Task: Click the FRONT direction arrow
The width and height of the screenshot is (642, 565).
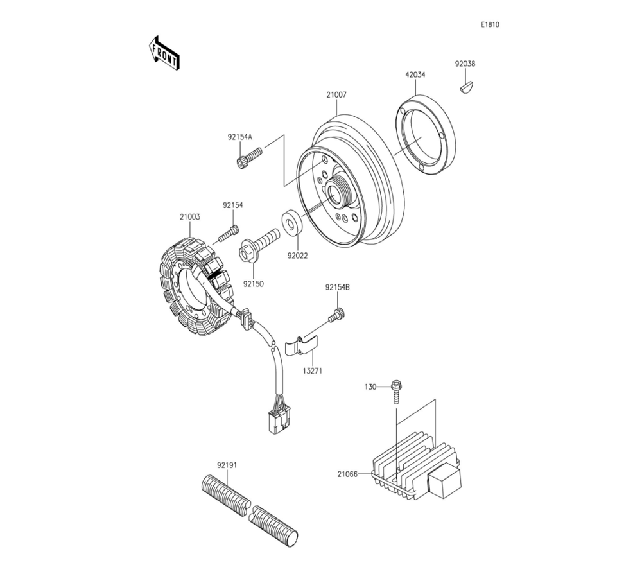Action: point(164,53)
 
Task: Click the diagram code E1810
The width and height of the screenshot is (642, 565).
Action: point(490,25)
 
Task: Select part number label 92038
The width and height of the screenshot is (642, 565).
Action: point(465,64)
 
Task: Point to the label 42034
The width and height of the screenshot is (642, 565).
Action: point(415,74)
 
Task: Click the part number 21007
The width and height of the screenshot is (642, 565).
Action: point(336,94)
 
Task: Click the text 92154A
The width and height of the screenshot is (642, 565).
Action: point(239,137)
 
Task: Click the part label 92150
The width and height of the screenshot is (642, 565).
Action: point(253,282)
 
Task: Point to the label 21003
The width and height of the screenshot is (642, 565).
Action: point(190,217)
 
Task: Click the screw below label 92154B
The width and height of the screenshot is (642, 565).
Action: point(337,315)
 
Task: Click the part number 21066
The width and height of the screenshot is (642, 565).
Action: point(347,474)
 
